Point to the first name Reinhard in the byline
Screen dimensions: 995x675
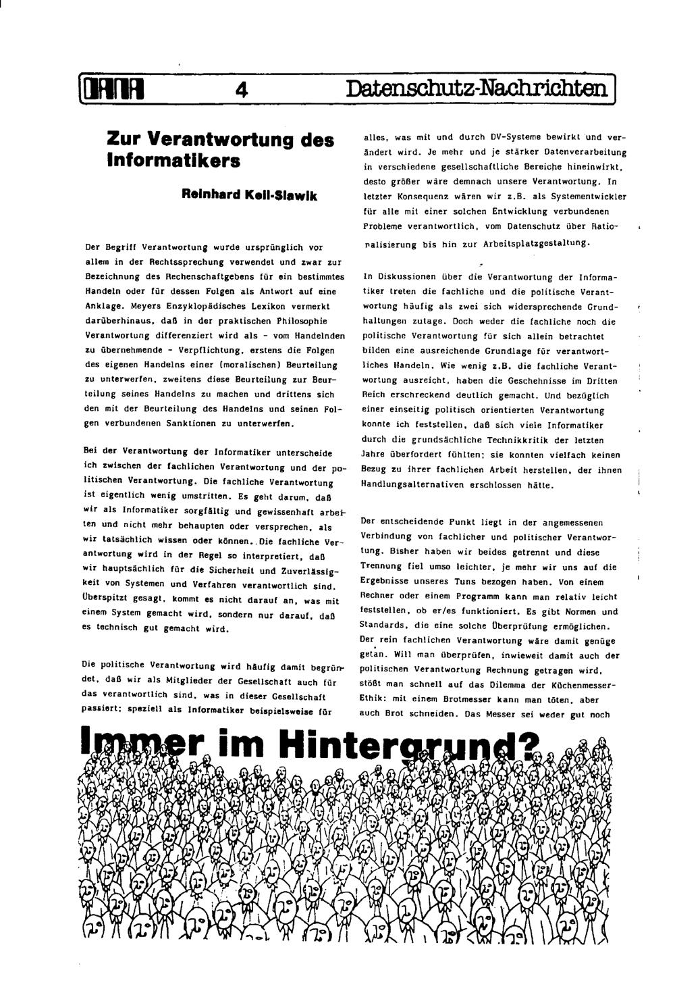point(205,195)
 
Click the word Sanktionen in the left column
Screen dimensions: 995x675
point(192,424)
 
